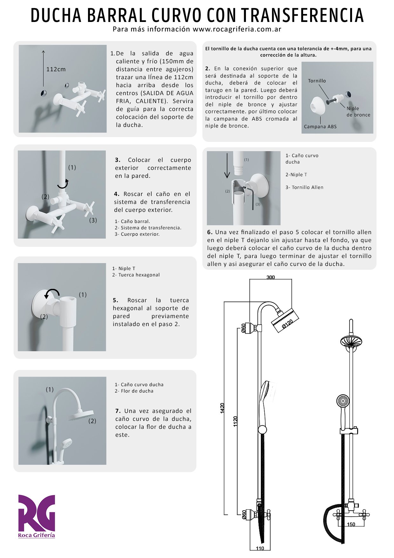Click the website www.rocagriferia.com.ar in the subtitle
pyautogui.click(x=237, y=29)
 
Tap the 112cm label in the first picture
pyautogui.click(x=56, y=69)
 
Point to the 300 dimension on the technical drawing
pyautogui.click(x=270, y=277)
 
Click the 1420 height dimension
pyautogui.click(x=222, y=408)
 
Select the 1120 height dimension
pyautogui.click(x=235, y=421)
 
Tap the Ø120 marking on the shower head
pyautogui.click(x=287, y=324)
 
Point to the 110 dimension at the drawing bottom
pyautogui.click(x=260, y=548)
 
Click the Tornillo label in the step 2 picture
pyautogui.click(x=317, y=81)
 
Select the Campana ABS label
pyautogui.click(x=320, y=127)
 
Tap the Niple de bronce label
pyautogui.click(x=358, y=112)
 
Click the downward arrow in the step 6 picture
pyautogui.click(x=227, y=165)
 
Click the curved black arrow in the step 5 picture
pyautogui.click(x=51, y=293)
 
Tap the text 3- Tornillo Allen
pyautogui.click(x=304, y=187)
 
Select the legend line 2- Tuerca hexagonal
pyautogui.click(x=136, y=275)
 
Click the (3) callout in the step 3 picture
pyautogui.click(x=93, y=220)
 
